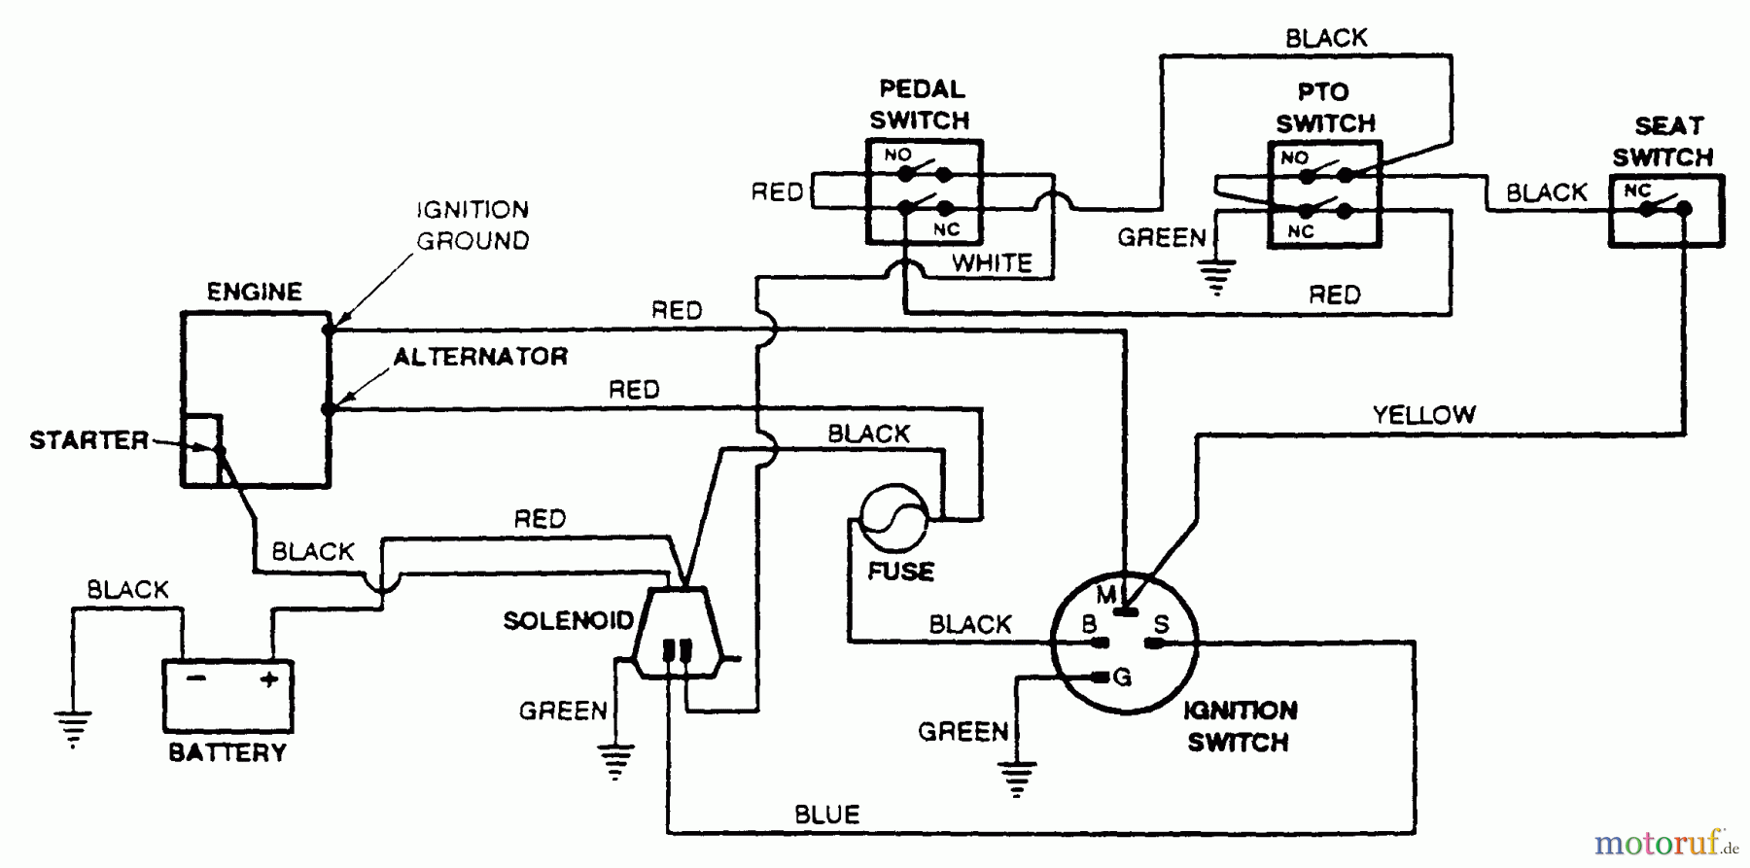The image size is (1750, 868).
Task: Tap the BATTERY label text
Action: (227, 752)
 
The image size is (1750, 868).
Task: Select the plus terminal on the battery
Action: (269, 679)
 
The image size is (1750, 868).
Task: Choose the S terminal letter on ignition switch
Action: (1161, 624)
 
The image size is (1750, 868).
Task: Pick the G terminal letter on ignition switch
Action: (1123, 677)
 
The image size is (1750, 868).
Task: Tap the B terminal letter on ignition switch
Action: (1090, 624)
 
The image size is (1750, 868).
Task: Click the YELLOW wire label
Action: (1423, 415)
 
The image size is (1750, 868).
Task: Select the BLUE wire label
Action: (826, 815)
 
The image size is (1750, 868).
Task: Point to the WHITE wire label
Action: (992, 262)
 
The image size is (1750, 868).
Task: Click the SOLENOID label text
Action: (568, 620)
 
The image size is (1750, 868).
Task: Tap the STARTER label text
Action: (88, 440)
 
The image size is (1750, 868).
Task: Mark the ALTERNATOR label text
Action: (480, 357)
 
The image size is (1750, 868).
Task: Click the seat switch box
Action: (1665, 210)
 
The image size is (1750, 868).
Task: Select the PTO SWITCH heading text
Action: (1325, 108)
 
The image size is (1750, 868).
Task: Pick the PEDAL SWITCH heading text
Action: (921, 105)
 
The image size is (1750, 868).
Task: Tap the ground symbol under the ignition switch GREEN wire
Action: (1017, 778)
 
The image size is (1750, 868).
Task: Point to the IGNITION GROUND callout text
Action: (472, 225)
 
